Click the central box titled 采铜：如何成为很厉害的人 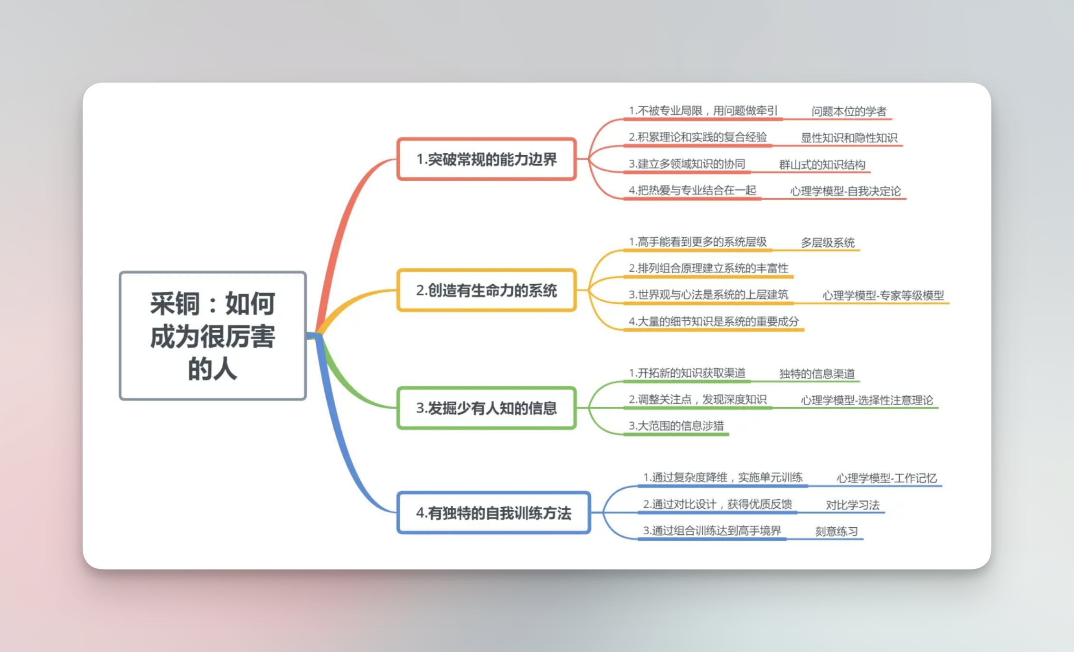pos(213,335)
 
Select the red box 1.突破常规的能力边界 pos(487,159)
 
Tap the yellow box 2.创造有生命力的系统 pos(487,290)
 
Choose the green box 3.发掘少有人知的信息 pos(487,408)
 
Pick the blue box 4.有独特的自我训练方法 pos(494,513)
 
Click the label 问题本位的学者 pos(849,112)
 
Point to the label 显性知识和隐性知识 pos(849,138)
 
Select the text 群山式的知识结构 pos(822,165)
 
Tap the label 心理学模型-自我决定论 pos(845,191)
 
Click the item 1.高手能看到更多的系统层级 pos(697,242)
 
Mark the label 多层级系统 pos(828,243)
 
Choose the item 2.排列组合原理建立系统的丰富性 pos(708,269)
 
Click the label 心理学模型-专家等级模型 pos(883,296)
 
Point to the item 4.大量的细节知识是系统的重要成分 pos(714,322)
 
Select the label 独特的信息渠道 pos(817,374)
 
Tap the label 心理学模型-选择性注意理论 pos(867,401)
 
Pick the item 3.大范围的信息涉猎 pos(676,426)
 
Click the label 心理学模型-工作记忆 pos(886,478)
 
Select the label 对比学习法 pos(853,505)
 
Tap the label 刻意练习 pos(837,531)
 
